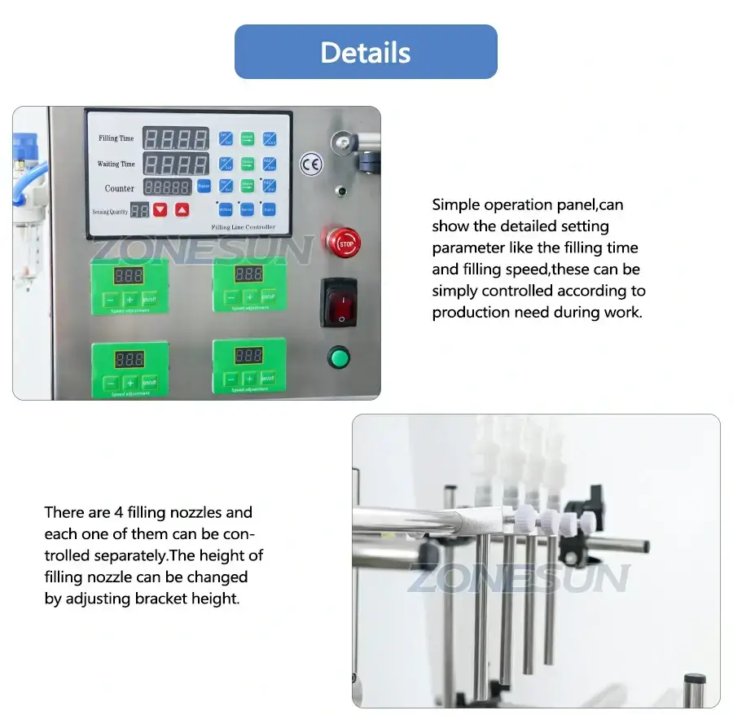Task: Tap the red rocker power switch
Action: pos(339,302)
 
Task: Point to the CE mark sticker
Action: pos(310,164)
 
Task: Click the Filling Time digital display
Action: pos(175,138)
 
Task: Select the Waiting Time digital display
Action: pos(175,163)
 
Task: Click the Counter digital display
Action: pos(168,187)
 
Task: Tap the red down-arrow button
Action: pos(160,209)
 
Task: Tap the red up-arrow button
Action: pos(182,209)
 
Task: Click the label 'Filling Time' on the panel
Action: pos(116,138)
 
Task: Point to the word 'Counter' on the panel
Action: pos(120,188)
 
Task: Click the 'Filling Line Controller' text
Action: pos(243,226)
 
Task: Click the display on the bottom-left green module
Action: pos(129,358)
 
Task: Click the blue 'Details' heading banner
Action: pos(366,52)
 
